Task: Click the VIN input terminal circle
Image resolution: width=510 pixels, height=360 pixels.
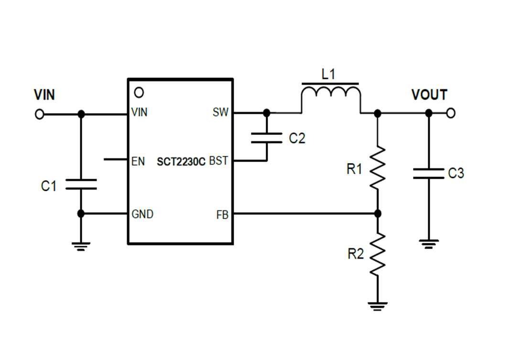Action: coord(40,114)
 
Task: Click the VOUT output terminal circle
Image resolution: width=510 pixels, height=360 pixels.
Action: coord(451,113)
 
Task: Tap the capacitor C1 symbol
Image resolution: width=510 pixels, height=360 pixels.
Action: coord(81,185)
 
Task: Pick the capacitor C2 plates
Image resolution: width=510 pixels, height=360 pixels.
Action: coord(267,139)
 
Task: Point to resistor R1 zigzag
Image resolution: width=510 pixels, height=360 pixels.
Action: coord(378,167)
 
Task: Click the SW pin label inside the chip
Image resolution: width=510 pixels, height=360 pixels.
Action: coord(221,113)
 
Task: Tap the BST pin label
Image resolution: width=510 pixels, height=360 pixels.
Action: coord(218,161)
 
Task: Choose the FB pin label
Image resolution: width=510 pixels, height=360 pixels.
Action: coord(222,215)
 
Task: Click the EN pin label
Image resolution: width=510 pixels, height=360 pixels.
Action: coord(138,161)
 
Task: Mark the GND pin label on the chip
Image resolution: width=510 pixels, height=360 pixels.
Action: coord(142,214)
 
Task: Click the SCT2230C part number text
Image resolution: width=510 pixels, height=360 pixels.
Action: coord(181,162)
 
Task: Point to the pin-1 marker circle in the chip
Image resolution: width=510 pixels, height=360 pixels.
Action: coord(139,92)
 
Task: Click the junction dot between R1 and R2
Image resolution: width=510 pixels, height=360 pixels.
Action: coord(378,213)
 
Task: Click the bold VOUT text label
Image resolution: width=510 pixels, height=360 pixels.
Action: coord(429,95)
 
